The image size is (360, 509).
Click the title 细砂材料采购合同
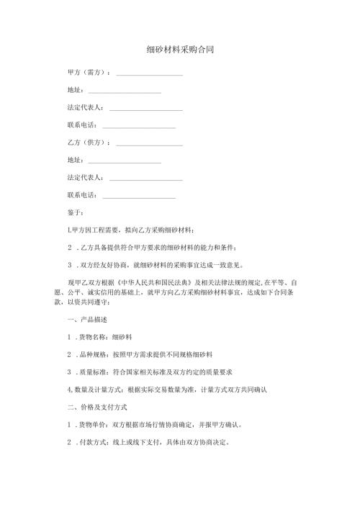click(179, 50)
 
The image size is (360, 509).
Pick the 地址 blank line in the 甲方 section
click(124, 91)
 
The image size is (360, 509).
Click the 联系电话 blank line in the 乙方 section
click(140, 196)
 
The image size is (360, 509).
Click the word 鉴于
click(75, 213)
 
